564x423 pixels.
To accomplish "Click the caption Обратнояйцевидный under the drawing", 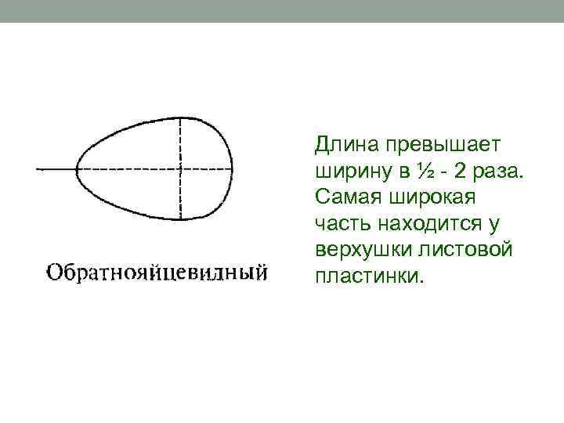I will pos(157,273).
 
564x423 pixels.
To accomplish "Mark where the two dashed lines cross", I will pos(181,168).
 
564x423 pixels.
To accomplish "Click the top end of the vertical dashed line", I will pos(181,117).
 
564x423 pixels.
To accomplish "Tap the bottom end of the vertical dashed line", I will pos(181,219).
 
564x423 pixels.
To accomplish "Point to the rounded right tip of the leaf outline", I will pos(233,168).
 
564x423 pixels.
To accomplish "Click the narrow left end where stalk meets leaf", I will pos(78,168).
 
